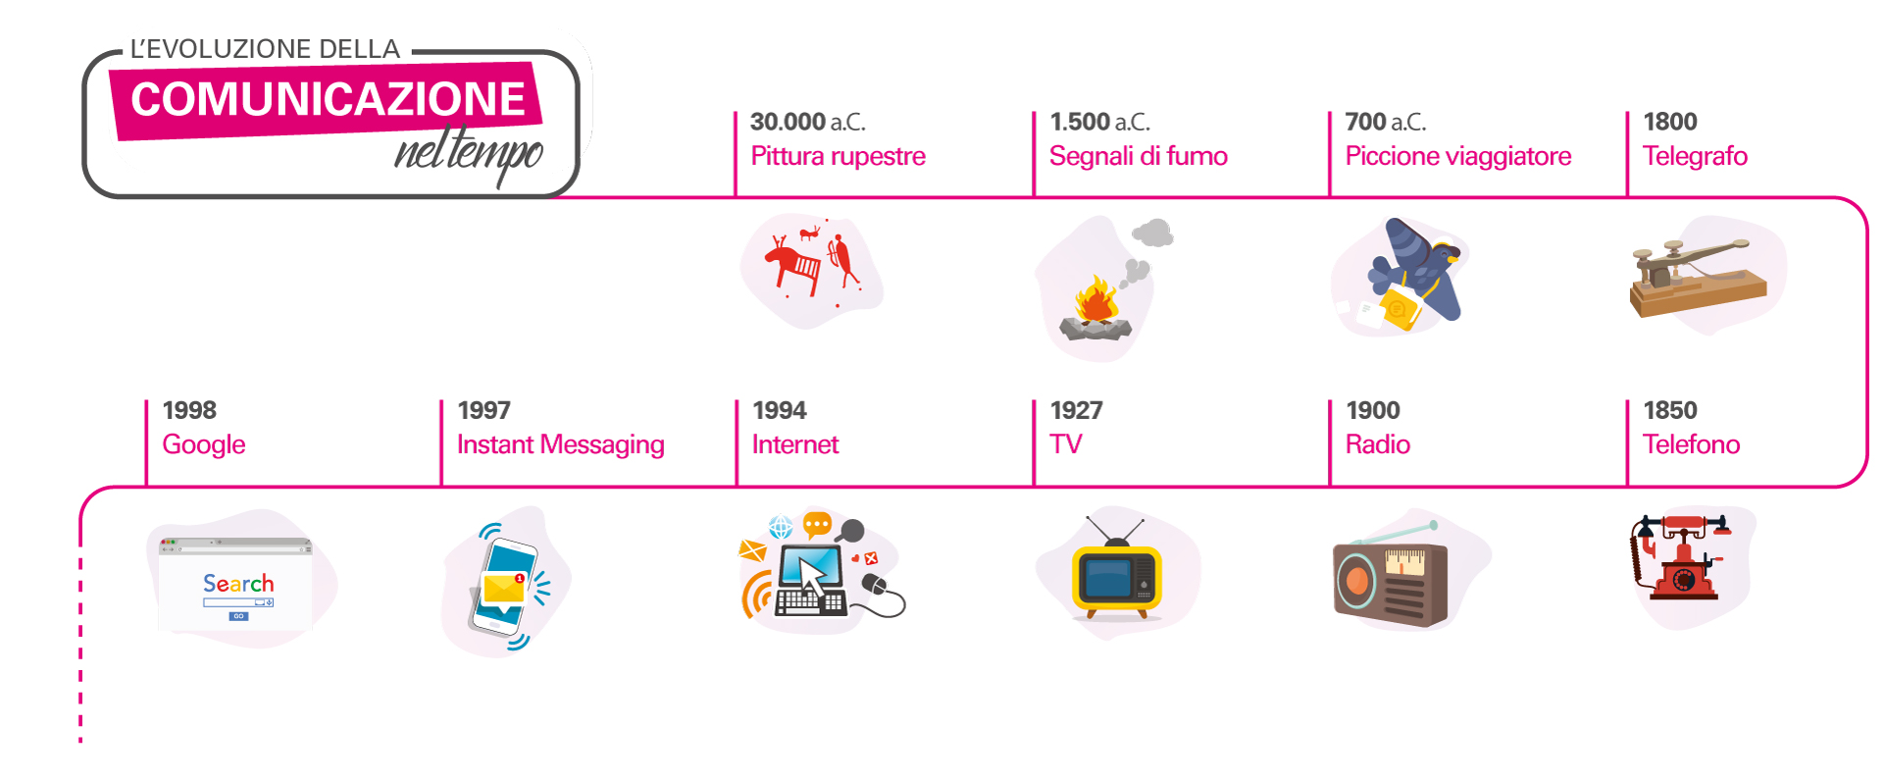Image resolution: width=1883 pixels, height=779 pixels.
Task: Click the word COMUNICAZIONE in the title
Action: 328,99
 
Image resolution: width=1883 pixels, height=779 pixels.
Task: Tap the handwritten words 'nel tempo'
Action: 469,152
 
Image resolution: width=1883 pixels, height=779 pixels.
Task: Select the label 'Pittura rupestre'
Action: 838,156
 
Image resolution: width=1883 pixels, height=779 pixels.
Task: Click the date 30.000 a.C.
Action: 807,122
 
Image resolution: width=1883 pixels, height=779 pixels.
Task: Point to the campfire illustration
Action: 1096,308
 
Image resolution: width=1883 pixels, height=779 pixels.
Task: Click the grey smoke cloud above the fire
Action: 1152,234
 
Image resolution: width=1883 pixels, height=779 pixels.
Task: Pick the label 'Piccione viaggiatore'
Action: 1457,156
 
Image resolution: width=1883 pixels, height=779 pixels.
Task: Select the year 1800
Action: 1669,122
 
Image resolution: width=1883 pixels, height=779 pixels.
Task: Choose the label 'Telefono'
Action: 1691,444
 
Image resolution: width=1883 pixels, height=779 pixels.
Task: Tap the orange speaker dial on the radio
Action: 1357,581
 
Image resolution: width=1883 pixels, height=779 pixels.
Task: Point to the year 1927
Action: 1076,410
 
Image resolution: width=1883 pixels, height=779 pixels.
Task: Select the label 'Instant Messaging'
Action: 560,444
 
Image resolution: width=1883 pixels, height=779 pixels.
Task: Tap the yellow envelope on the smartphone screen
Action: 504,589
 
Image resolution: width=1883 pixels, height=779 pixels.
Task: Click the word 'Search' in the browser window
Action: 238,584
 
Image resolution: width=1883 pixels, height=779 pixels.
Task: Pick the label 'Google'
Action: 204,444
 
